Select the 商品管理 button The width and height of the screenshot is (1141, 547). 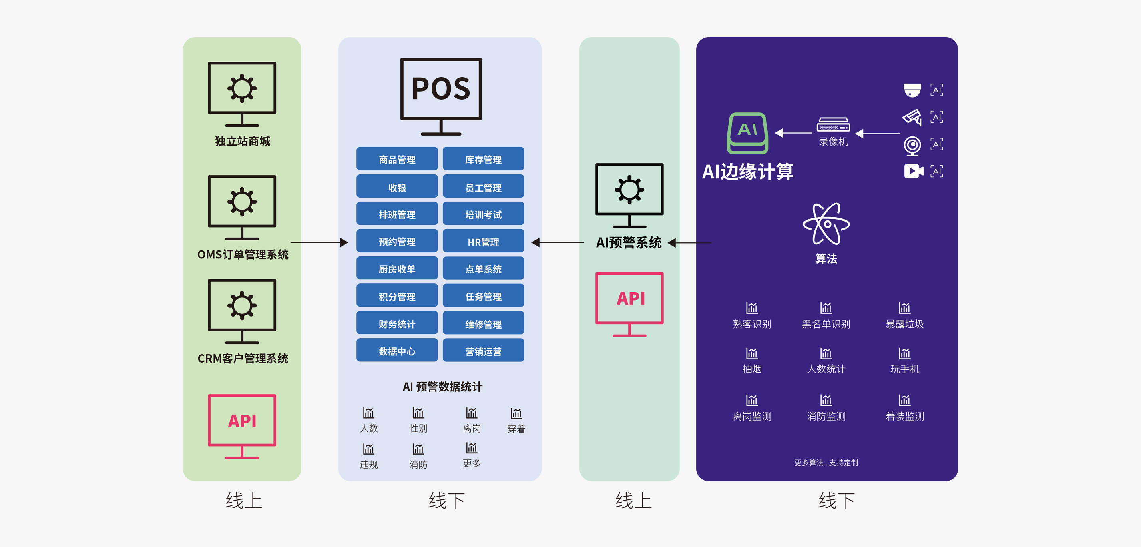(x=397, y=159)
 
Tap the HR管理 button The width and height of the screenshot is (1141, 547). (x=483, y=241)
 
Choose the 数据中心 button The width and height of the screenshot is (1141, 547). (x=397, y=351)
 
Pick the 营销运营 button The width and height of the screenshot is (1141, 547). (x=483, y=351)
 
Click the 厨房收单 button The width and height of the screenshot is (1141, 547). (x=397, y=268)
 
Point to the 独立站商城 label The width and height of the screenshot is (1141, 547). (x=242, y=141)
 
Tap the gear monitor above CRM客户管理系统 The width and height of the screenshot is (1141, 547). (x=242, y=311)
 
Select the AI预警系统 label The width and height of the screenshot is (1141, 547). (x=629, y=242)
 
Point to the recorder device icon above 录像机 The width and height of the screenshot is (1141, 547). (x=833, y=125)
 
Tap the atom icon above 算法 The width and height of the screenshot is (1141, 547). (x=826, y=224)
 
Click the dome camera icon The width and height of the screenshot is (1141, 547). (x=912, y=90)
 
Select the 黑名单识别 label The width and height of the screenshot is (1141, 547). (x=826, y=324)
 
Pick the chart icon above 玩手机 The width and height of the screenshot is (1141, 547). (x=904, y=353)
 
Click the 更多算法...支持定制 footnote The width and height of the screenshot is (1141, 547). (x=826, y=463)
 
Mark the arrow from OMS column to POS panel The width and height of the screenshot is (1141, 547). (x=319, y=242)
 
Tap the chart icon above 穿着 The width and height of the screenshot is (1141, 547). (x=516, y=413)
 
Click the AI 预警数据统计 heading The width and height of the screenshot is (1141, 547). (x=442, y=387)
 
